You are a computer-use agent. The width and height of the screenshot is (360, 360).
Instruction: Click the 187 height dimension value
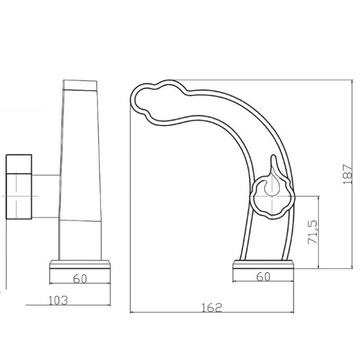coord(347,174)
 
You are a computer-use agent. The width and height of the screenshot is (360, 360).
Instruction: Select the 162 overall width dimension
coord(212,308)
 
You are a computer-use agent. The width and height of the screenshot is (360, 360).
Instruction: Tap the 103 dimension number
coord(58,300)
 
